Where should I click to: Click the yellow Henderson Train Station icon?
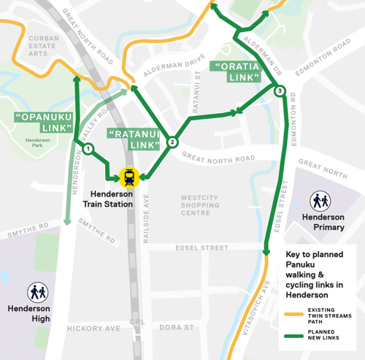[x=129, y=176]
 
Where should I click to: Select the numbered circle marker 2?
[x=172, y=142]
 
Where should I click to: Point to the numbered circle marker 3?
[x=280, y=91]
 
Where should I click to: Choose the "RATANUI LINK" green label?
[x=133, y=139]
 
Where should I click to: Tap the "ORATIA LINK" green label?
[x=236, y=71]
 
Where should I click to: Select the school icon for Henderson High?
[x=38, y=293]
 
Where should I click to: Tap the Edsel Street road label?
[x=202, y=248]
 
